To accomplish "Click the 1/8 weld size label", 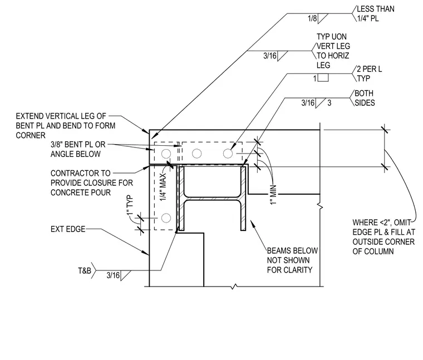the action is click(x=312, y=18).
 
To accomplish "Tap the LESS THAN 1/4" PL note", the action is click(x=376, y=13).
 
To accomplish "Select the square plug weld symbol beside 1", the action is click(x=323, y=78).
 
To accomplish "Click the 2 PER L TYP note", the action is click(x=369, y=73).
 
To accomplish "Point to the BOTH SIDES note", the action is click(x=365, y=98).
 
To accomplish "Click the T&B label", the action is click(x=85, y=270).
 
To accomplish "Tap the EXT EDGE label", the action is click(x=68, y=229).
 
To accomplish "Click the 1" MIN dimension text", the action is click(x=273, y=195).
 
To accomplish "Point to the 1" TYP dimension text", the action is click(x=130, y=205).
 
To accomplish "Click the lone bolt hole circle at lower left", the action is click(x=166, y=218).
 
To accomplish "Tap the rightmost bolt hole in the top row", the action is click(x=228, y=154).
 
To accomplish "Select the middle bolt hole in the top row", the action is click(x=196, y=154).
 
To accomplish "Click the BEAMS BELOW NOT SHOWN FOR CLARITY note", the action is click(x=292, y=260).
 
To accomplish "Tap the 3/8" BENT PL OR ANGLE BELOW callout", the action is click(x=78, y=149).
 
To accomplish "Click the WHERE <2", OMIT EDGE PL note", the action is click(x=383, y=237).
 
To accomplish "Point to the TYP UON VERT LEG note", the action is click(x=333, y=51).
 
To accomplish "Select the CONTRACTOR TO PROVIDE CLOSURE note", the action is click(x=92, y=183).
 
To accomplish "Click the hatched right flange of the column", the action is click(x=243, y=199).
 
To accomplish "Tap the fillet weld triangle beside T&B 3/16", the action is click(x=125, y=275).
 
